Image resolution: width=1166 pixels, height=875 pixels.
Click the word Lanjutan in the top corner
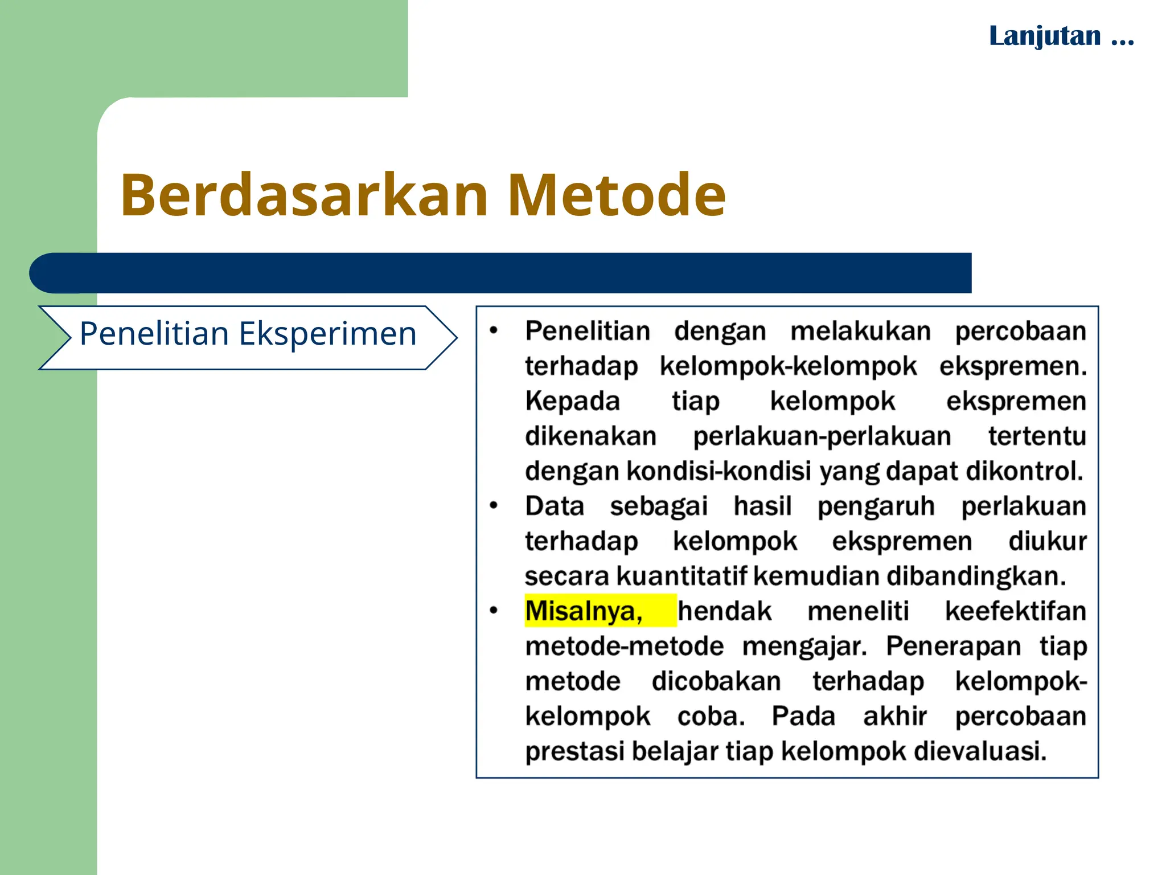point(1045,36)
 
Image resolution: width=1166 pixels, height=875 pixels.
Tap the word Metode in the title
point(616,195)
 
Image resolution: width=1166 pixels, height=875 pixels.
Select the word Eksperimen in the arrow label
point(328,334)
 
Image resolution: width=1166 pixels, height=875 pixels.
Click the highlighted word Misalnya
point(584,611)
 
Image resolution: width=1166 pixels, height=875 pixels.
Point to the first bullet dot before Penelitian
point(494,330)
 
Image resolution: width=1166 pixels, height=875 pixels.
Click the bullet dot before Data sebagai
point(494,505)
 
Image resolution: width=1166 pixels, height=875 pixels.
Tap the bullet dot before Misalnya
point(494,611)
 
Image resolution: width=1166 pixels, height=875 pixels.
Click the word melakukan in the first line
point(860,331)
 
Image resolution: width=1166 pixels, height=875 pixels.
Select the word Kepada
point(572,401)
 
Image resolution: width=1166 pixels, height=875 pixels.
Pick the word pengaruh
point(876,506)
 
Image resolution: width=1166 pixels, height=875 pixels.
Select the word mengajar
point(804,647)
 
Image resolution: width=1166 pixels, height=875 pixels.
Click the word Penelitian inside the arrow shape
point(154,334)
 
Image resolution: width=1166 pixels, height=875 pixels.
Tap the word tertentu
point(1037,436)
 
